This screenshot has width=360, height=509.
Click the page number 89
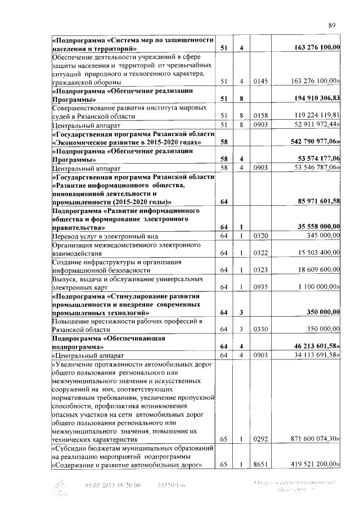click(332, 24)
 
